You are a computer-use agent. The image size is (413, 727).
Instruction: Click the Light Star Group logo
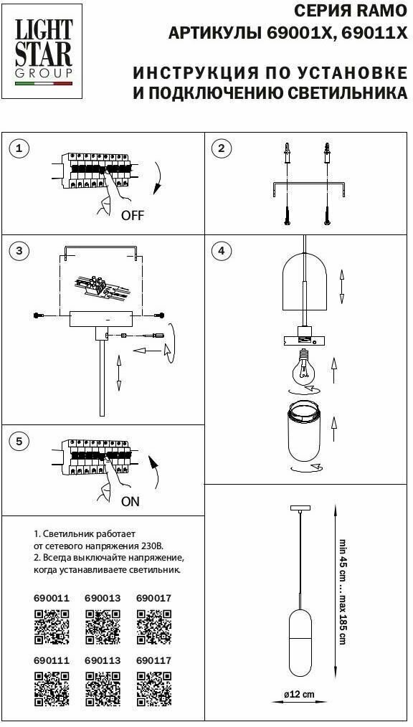[44, 52]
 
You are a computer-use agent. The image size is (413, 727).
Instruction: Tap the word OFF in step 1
[133, 215]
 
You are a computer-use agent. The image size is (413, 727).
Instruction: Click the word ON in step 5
[130, 501]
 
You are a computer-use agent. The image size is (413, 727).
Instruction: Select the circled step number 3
[19, 251]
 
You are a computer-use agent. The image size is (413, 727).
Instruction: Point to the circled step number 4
[221, 251]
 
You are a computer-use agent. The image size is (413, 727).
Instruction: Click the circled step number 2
[221, 148]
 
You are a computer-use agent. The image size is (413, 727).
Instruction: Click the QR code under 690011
[52, 627]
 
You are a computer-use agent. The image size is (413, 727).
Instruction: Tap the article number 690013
[103, 598]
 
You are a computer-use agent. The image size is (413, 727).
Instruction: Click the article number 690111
[52, 660]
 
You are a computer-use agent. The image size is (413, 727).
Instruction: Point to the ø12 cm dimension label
[299, 695]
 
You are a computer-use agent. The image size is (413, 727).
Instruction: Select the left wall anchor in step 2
[288, 153]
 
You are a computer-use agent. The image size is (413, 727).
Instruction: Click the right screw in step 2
[328, 216]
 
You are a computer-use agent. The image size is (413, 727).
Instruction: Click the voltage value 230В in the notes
[154, 545]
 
